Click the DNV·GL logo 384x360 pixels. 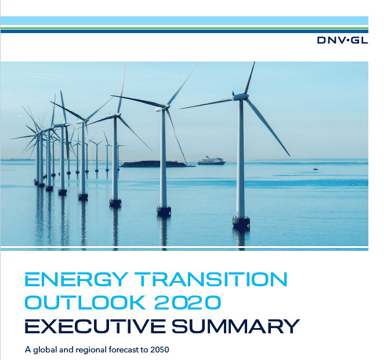342,40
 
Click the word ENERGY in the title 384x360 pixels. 76,279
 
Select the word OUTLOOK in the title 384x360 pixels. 85,302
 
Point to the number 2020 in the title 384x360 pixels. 187,302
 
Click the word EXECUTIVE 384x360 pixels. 95,326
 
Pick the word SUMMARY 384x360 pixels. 236,326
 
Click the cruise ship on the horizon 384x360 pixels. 212,161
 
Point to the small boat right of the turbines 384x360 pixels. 316,169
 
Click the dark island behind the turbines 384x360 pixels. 157,164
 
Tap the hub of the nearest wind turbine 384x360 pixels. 240,97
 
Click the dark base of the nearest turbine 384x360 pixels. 241,223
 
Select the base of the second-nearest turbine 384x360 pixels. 164,211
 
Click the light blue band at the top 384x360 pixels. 184,20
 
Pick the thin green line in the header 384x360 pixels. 184,28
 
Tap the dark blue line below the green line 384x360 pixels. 184,31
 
